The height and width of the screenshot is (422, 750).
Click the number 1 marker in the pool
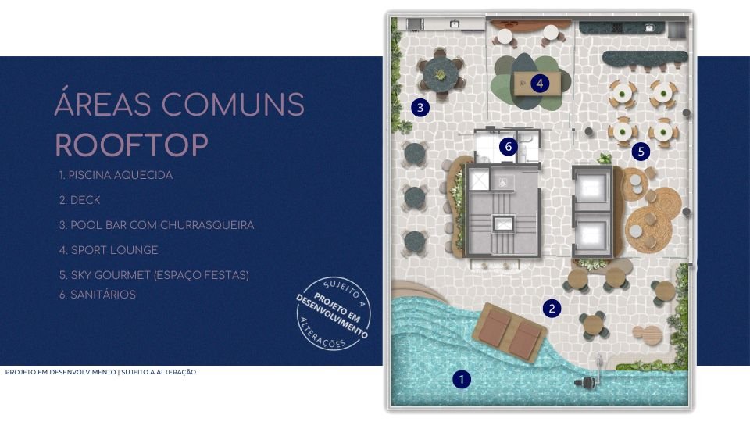coord(462,380)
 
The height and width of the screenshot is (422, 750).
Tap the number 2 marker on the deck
coord(552,308)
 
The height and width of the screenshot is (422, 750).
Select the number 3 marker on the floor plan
coord(420,107)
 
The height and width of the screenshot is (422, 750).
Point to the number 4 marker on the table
coord(540,84)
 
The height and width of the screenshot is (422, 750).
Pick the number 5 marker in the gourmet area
coord(641,152)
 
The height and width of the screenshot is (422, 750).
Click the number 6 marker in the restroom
coord(508,146)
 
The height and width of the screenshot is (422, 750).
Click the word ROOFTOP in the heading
coord(132,145)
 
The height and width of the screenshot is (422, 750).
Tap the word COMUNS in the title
coord(233,104)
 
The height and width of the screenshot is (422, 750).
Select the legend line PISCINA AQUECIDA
coord(116,175)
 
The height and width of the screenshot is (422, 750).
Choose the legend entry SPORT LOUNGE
coord(109,250)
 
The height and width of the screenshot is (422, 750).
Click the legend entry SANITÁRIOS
coord(98,295)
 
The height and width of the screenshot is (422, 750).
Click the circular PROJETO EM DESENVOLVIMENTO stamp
coord(333,313)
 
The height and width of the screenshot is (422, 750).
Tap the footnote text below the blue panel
coord(101,372)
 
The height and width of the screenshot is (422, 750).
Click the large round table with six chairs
coord(440,73)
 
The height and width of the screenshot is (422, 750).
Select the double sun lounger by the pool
coord(510,332)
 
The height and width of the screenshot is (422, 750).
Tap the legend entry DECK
coord(80,200)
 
